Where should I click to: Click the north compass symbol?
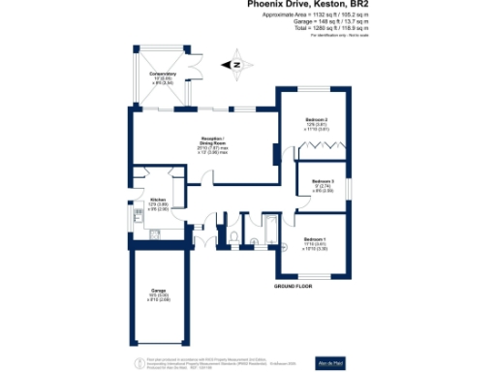pyautogui.click(x=235, y=66)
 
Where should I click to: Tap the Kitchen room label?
pyautogui.click(x=143, y=201)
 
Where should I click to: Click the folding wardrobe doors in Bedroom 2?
pyautogui.click(x=321, y=148)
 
